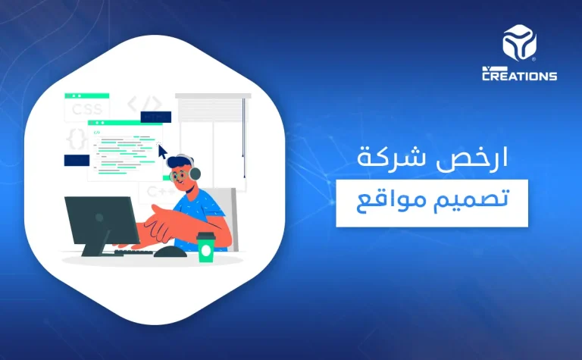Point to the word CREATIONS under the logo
click(520, 75)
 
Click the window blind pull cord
click(244, 136)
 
